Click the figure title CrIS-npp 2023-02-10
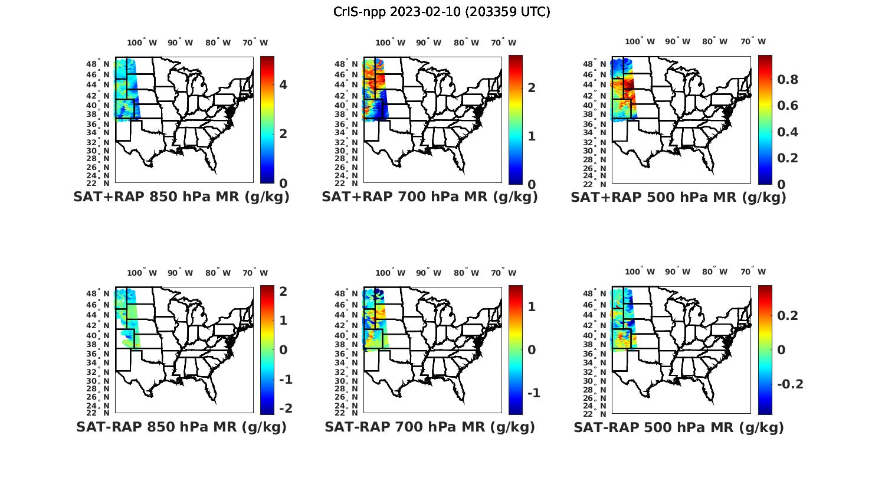tap(441, 12)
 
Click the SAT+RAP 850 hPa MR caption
tap(181, 197)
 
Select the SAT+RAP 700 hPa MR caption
tap(430, 197)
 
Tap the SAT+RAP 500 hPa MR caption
tap(678, 197)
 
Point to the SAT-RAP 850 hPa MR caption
tap(181, 427)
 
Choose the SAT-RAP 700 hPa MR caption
tap(430, 427)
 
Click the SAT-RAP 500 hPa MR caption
tap(678, 427)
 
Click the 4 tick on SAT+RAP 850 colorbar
tap(283, 85)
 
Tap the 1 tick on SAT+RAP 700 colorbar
tap(532, 136)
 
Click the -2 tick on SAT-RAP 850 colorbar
tap(286, 408)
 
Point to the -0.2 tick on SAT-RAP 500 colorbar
tap(790, 384)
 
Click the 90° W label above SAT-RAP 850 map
tap(180, 273)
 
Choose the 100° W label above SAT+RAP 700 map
tap(390, 43)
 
